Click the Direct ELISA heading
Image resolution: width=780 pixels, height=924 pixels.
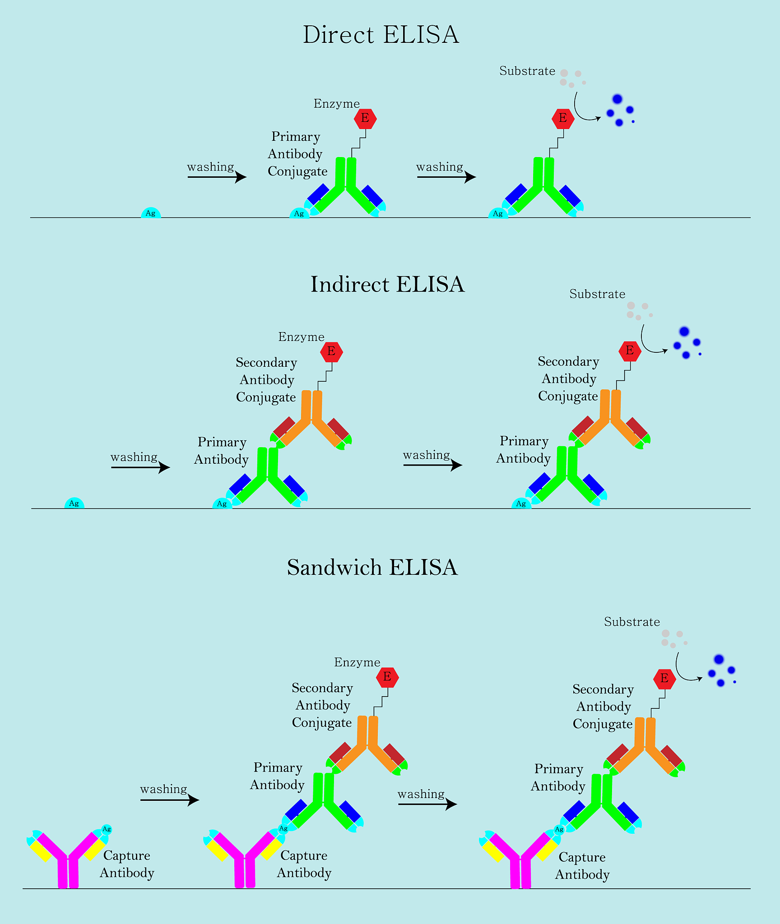(x=381, y=35)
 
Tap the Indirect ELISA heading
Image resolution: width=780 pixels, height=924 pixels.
(x=387, y=285)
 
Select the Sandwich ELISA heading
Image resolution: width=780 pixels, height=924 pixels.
(x=372, y=567)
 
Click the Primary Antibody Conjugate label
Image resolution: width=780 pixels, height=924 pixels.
(x=296, y=154)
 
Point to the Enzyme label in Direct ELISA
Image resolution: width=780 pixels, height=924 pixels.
(x=337, y=104)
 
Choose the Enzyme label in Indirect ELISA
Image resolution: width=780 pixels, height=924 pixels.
(x=301, y=337)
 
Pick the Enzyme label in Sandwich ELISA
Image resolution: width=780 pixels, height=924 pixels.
(x=357, y=662)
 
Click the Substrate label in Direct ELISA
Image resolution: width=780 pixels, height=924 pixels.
(x=527, y=71)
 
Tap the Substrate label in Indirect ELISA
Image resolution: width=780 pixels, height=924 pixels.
(x=597, y=294)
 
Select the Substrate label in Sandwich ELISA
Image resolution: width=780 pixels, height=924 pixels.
(x=632, y=622)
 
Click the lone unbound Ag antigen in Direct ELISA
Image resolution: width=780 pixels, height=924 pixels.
(x=151, y=213)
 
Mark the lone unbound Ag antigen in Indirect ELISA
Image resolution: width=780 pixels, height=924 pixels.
(x=74, y=504)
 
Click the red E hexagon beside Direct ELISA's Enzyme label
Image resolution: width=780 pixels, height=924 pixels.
(x=365, y=119)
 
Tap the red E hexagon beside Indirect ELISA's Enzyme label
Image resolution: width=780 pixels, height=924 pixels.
(x=331, y=351)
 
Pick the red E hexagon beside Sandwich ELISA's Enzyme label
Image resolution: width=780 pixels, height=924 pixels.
(x=387, y=677)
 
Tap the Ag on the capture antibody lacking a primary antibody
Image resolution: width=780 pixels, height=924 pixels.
(x=107, y=829)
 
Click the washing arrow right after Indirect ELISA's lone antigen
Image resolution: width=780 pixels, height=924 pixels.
(x=140, y=467)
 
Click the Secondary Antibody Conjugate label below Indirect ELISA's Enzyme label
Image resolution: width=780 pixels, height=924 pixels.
(x=266, y=380)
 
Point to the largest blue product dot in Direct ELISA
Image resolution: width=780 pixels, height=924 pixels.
(x=617, y=99)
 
